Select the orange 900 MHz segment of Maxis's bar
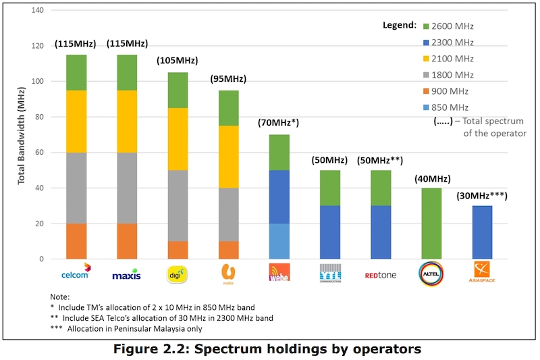(x=128, y=241)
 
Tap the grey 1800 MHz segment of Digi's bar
(x=178, y=205)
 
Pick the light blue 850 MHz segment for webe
(x=279, y=241)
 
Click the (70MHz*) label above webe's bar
(x=279, y=122)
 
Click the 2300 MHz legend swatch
(x=427, y=42)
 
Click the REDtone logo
(x=380, y=275)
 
